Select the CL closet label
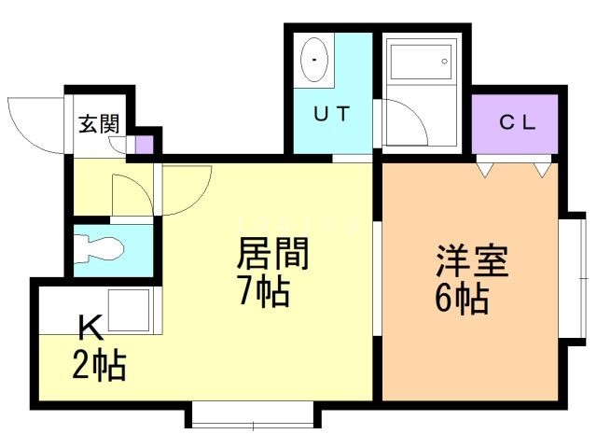pyautogui.click(x=517, y=121)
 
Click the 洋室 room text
pyautogui.click(x=472, y=261)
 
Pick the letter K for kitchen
pyautogui.click(x=90, y=329)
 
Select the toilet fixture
pyautogui.click(x=102, y=248)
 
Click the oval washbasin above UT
pyautogui.click(x=316, y=60)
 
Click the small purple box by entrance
pyautogui.click(x=144, y=146)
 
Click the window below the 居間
pyautogui.click(x=253, y=416)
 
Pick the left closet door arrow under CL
pyautogui.click(x=484, y=170)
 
